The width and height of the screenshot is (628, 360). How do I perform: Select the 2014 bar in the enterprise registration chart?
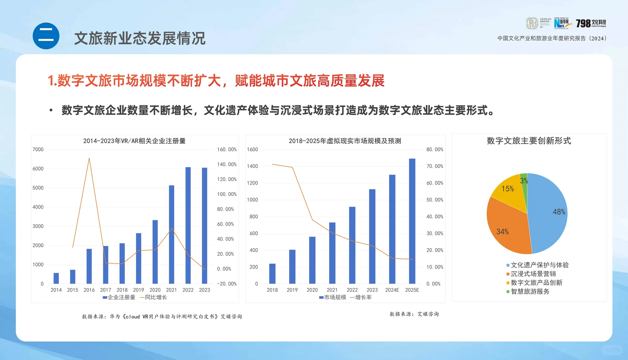pyautogui.click(x=56, y=278)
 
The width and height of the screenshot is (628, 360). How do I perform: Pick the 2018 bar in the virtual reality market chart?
pyautogui.click(x=272, y=274)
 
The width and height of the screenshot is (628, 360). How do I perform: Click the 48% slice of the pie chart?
pyautogui.click(x=548, y=213)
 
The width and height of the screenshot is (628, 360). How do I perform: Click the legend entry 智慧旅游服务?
pyautogui.click(x=530, y=292)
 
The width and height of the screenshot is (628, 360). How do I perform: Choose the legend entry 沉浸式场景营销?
pyautogui.click(x=533, y=274)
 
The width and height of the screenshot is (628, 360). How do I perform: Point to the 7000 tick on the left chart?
pyautogui.click(x=38, y=150)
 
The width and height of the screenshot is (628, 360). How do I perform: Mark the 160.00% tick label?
pyautogui.click(x=227, y=150)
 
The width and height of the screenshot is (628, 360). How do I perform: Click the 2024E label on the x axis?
pyautogui.click(x=392, y=290)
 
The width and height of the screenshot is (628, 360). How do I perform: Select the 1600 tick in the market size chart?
pyautogui.click(x=252, y=150)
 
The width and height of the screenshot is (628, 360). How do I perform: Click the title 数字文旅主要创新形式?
pyautogui.click(x=529, y=141)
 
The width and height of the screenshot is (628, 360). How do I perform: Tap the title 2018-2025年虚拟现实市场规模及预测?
pyautogui.click(x=345, y=141)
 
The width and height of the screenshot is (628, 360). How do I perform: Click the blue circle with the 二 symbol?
pyautogui.click(x=46, y=36)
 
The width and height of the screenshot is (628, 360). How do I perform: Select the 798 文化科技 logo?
pyautogui.click(x=591, y=23)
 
